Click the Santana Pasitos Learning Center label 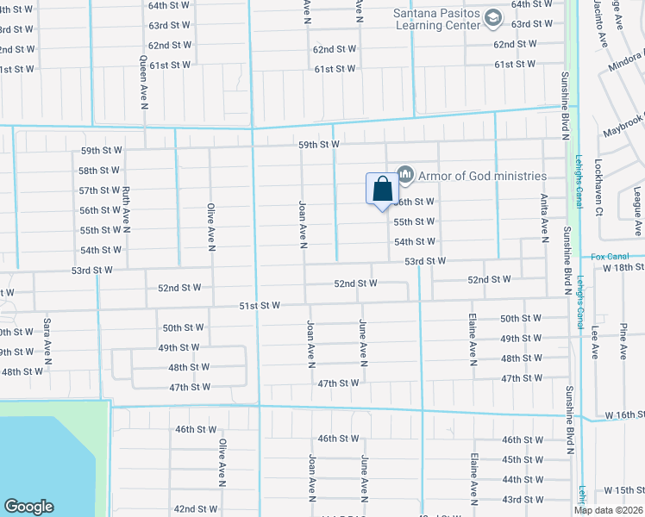tap(435, 19)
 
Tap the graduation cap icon tap(492, 17)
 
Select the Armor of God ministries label tap(482, 176)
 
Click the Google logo tap(28, 507)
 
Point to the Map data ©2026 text tap(609, 510)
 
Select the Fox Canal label tap(611, 257)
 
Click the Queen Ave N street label tap(144, 84)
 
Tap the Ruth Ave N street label tap(126, 210)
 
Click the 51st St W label tap(260, 306)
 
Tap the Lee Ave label tap(594, 341)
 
